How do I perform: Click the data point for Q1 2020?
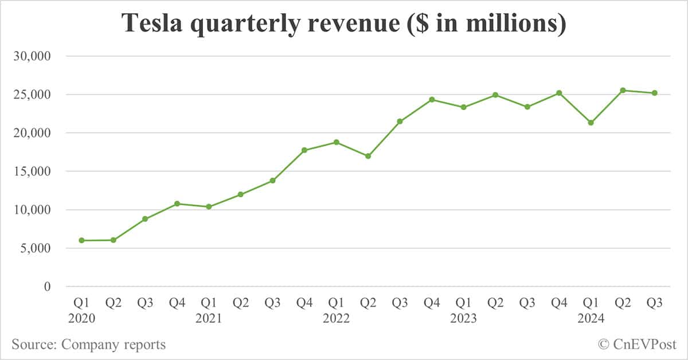82,240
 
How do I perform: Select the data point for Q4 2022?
432,99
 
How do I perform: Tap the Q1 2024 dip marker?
591,123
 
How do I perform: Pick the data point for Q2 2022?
368,156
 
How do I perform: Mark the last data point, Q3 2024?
654,93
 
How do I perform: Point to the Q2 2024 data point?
623,90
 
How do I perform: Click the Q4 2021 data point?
304,150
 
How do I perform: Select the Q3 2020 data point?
146,219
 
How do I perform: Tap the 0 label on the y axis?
48,287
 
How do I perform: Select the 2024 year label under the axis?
591,318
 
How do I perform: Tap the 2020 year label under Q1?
82,318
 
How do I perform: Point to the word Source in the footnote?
33,345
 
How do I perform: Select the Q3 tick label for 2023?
527,303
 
